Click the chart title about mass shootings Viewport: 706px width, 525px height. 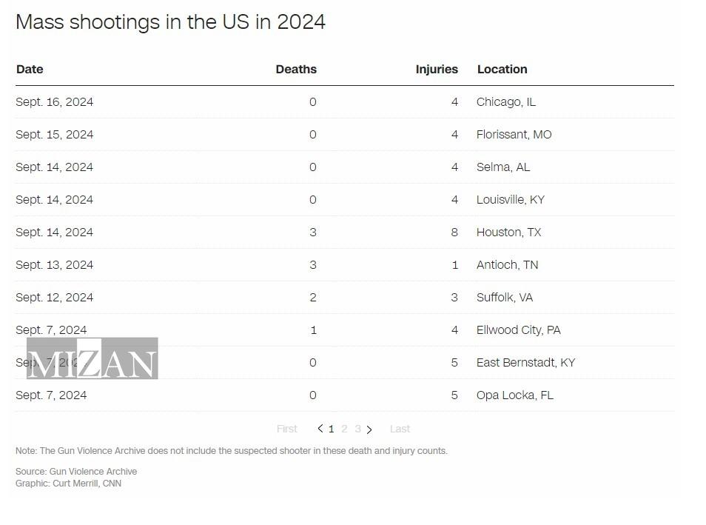point(170,22)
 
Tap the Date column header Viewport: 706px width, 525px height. point(30,70)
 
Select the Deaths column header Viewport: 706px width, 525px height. point(296,70)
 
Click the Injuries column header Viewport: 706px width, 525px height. point(437,70)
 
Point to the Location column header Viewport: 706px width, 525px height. point(502,70)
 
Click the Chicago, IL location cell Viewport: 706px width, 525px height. point(505,102)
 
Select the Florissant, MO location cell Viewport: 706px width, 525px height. point(514,135)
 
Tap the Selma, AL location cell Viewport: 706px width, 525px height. point(503,167)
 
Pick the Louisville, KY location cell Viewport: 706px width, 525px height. point(510,200)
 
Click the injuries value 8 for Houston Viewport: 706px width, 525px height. point(454,233)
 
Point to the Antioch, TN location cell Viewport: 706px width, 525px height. point(507,265)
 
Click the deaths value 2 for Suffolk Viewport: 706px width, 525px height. point(313,298)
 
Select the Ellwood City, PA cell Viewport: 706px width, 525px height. point(518,330)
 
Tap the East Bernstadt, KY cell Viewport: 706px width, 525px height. point(525,363)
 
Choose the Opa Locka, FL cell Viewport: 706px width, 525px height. point(514,395)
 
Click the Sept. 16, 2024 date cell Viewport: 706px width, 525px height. point(54,102)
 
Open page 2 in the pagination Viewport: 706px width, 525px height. point(344,429)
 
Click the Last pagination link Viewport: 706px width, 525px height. point(400,429)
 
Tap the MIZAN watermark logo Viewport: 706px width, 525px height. point(92,359)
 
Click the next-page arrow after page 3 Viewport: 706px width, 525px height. point(369,429)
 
